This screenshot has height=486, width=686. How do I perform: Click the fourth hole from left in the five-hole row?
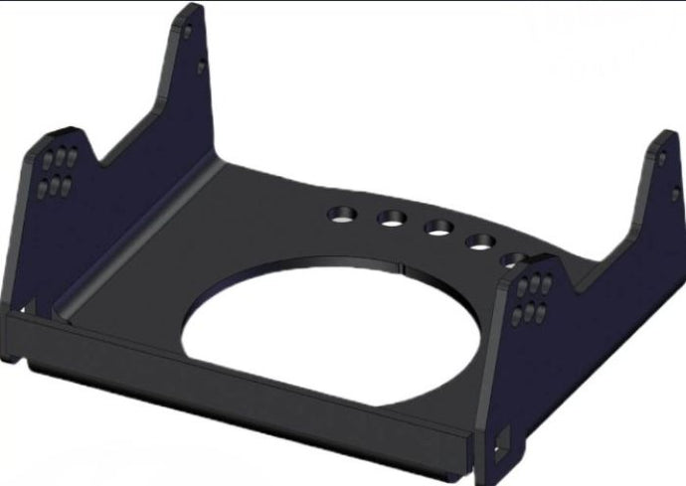click(x=482, y=241)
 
